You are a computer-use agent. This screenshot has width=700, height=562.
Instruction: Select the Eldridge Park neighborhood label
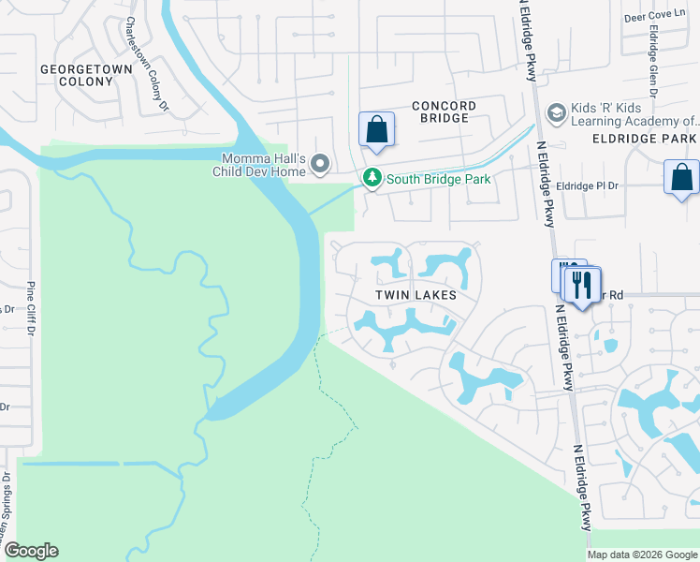[645, 139]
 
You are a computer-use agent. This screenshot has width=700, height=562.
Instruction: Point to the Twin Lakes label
[416, 295]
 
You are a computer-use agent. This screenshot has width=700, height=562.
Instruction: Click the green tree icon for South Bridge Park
[372, 178]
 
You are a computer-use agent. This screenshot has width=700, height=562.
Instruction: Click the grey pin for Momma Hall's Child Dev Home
[320, 166]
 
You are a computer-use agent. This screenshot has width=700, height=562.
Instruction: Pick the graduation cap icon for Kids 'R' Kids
[555, 113]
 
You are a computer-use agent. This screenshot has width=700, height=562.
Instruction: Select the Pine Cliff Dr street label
[31, 308]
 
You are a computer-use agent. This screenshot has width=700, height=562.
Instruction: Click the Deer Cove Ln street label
[660, 18]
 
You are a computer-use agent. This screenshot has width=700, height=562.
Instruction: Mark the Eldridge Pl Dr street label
[588, 186]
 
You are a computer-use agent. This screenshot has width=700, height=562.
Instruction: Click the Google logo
[31, 551]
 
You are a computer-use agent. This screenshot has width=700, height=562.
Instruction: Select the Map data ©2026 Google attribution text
[641, 555]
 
